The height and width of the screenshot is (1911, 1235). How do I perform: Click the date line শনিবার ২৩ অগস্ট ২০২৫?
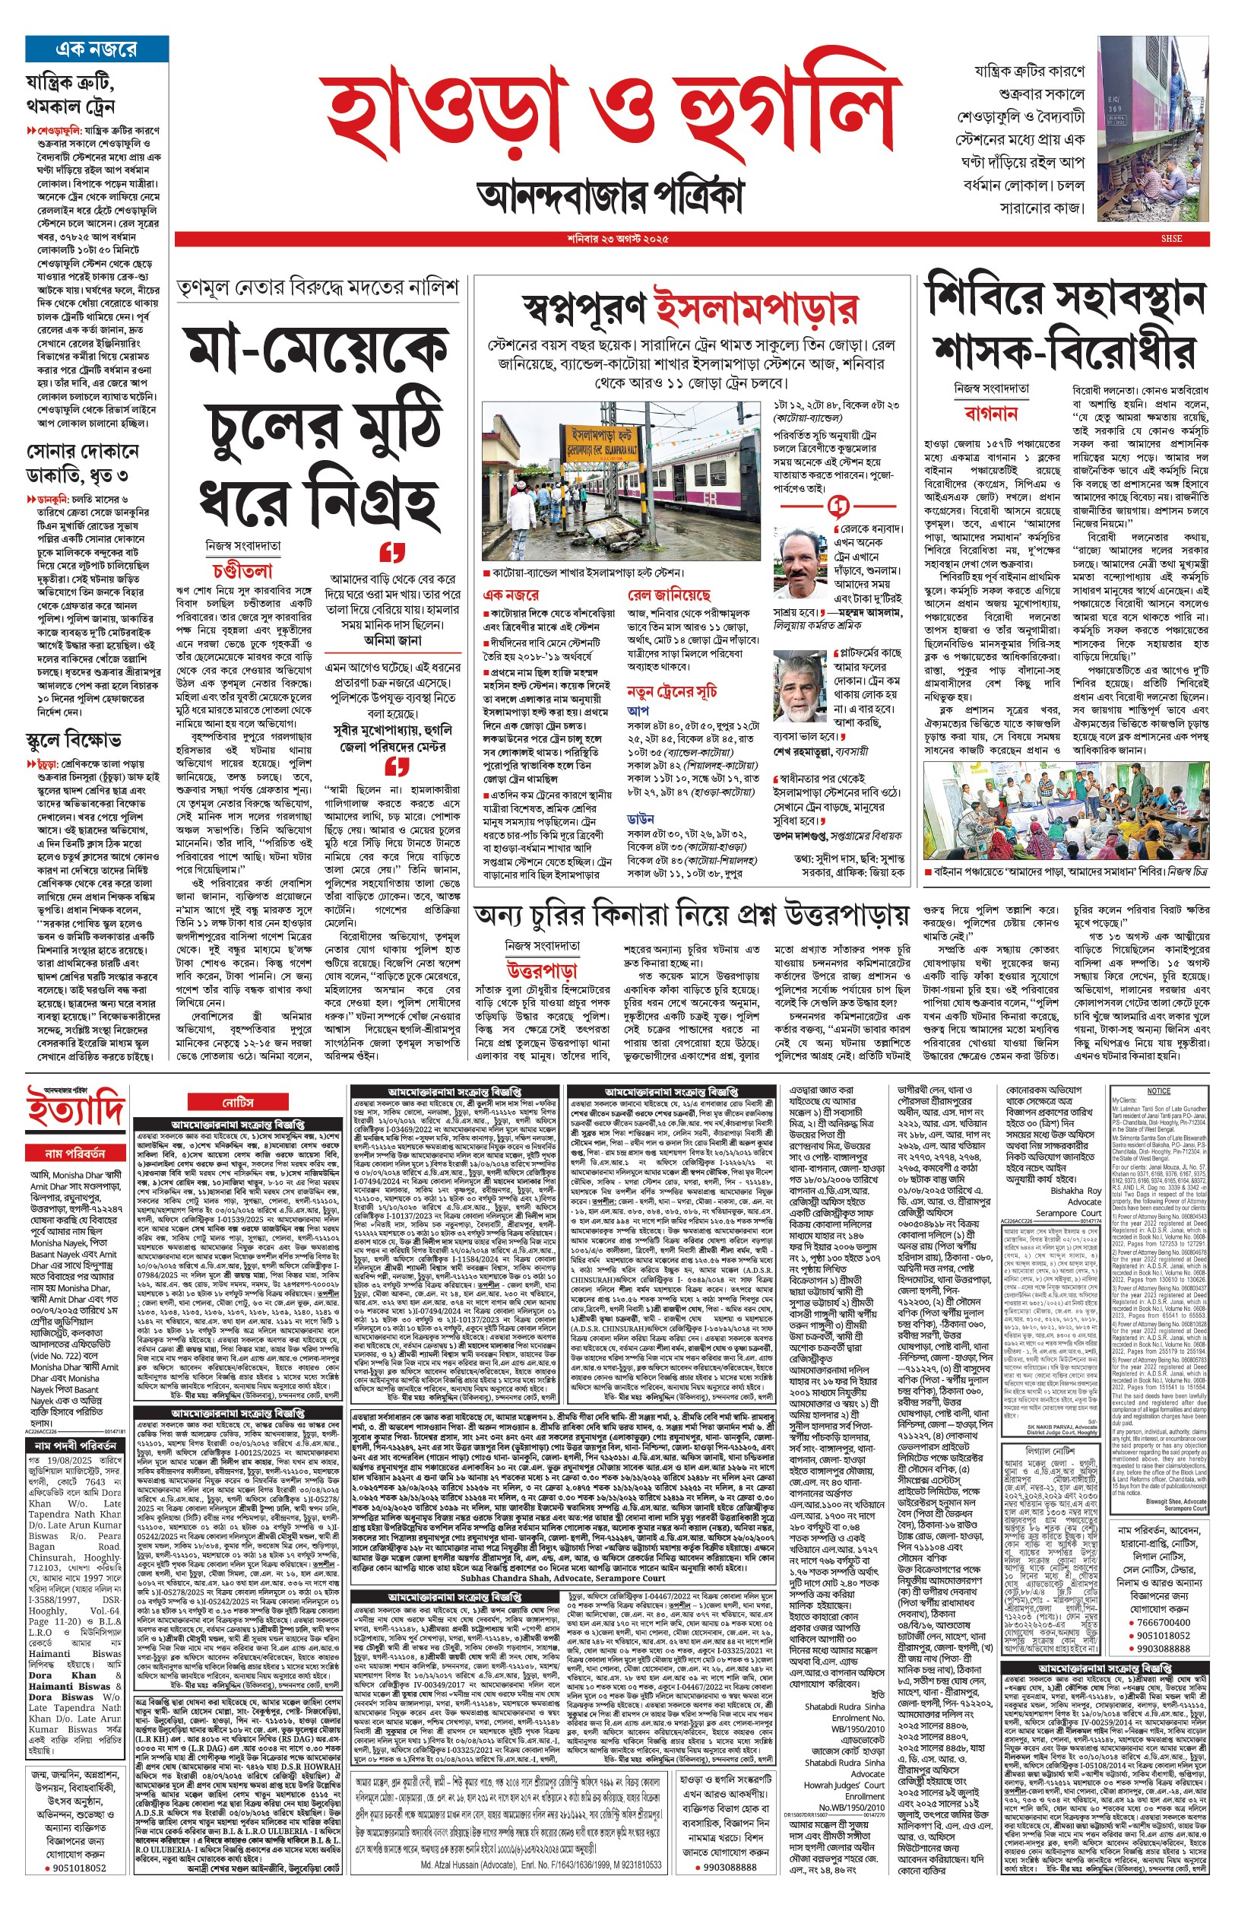(616, 239)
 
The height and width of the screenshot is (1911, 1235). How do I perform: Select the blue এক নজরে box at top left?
(97, 49)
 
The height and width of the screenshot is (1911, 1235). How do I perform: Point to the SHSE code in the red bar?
(1172, 239)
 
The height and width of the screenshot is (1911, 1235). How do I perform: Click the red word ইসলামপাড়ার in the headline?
(755, 306)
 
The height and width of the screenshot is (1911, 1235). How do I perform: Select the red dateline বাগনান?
(990, 414)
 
